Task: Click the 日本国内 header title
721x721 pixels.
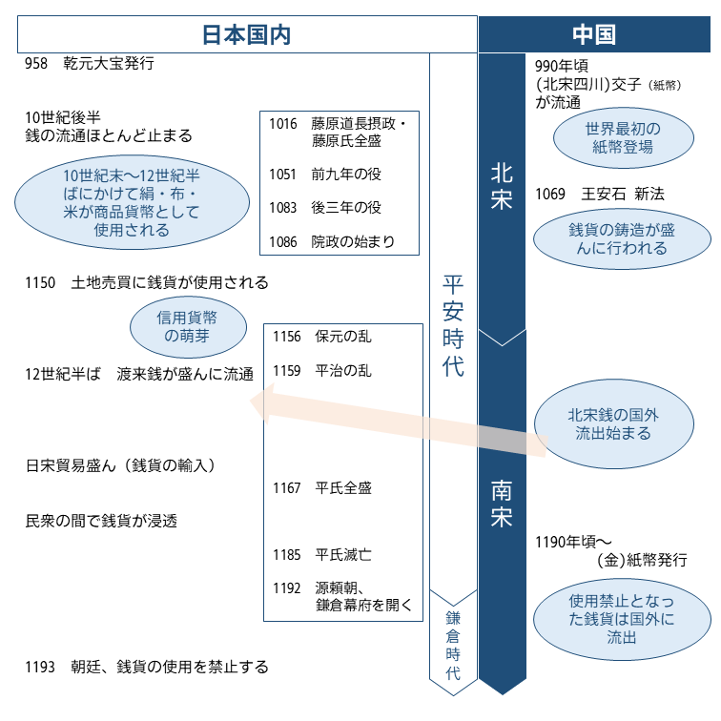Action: click(x=246, y=34)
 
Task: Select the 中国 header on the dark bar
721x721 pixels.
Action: click(x=593, y=34)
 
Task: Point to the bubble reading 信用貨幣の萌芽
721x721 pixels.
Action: click(x=186, y=326)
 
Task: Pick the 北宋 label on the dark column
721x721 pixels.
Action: click(x=502, y=186)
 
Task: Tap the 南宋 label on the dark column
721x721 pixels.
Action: click(x=502, y=505)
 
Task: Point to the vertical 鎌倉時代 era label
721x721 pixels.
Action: click(x=454, y=644)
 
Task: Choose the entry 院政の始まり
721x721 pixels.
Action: click(x=353, y=241)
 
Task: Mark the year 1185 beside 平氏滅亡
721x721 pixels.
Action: click(x=287, y=554)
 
